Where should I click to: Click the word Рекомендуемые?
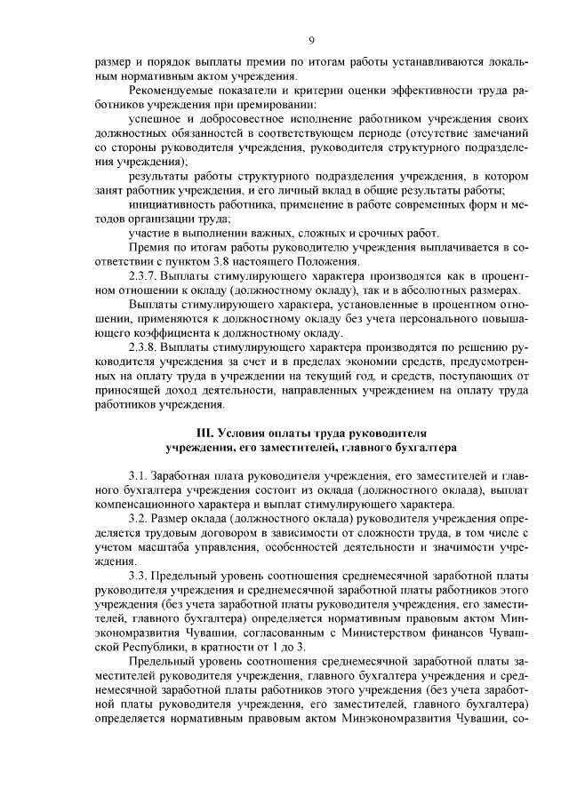pyautogui.click(x=170, y=92)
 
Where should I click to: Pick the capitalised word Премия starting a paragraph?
pyautogui.click(x=148, y=247)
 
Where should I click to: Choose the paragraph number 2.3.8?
pyautogui.click(x=145, y=347)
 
